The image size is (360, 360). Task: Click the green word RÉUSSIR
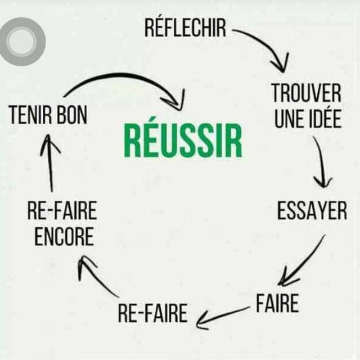(183, 141)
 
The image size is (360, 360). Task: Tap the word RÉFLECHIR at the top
(185, 28)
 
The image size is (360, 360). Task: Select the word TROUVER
(306, 93)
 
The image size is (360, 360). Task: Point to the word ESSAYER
(312, 211)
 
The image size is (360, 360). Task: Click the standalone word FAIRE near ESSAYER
(277, 303)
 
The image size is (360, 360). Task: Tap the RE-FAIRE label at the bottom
(152, 313)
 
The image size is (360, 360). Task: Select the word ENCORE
(64, 237)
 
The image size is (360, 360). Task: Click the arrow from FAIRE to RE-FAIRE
(222, 317)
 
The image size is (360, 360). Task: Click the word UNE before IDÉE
(289, 119)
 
